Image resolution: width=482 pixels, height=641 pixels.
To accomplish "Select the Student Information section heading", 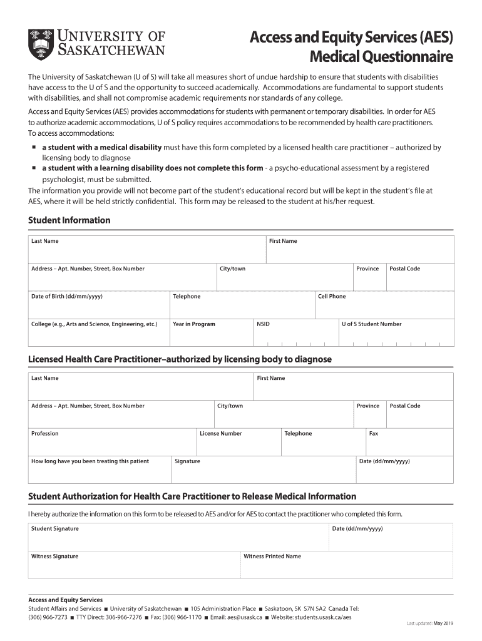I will coord(69,220).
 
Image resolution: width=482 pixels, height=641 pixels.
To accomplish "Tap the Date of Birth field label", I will coord(67,296).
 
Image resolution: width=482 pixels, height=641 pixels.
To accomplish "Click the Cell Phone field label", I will coord(332,296).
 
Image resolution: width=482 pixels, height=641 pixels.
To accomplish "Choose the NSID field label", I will coord(263,324).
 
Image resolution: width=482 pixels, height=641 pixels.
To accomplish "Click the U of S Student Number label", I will coord(371,324).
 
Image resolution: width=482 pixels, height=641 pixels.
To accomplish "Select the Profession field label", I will coord(45,433).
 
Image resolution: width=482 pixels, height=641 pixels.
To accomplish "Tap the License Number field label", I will coord(220,433).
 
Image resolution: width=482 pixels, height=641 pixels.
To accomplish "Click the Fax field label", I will coord(374,433).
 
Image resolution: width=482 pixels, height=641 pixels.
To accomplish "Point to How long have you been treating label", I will coord(90,461).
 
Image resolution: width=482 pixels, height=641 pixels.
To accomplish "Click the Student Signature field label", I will coord(55,529).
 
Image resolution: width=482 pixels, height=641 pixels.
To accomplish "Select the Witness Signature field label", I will coord(55,556).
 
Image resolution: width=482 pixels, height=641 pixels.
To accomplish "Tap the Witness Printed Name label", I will coord(272,556).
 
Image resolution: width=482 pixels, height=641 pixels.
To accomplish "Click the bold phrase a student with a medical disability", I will coord(101,148).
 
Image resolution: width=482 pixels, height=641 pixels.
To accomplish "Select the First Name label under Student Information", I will coord(283,241).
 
